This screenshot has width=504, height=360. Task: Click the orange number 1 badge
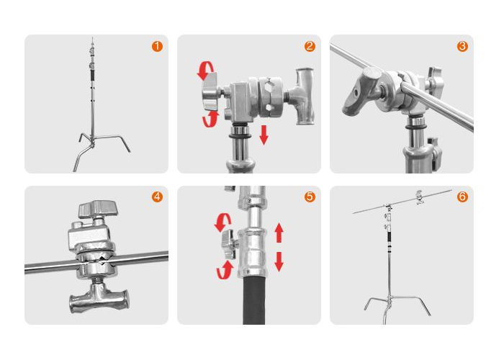[x=157, y=46]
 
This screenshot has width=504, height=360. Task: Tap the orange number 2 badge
[x=310, y=46]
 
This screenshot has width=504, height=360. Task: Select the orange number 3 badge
[x=462, y=46]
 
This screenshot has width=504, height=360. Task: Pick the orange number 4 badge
[x=157, y=197]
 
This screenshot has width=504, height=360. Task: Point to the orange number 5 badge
[x=310, y=197]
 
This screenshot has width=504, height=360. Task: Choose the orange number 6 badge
[x=462, y=197]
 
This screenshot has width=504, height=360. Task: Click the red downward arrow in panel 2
[x=264, y=135]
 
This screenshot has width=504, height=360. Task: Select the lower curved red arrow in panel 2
[x=210, y=119]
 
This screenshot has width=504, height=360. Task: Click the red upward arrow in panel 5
[x=279, y=233]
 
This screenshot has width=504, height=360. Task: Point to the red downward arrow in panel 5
[x=279, y=261]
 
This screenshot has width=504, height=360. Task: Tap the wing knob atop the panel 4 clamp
[x=99, y=209]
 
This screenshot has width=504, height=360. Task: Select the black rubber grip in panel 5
[x=254, y=300]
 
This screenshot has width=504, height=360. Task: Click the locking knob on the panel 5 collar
[x=229, y=244]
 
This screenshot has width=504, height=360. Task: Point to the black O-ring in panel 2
[x=240, y=137]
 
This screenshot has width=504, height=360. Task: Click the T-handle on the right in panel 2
[x=304, y=96]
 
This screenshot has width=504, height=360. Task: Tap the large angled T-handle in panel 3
[x=361, y=91]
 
